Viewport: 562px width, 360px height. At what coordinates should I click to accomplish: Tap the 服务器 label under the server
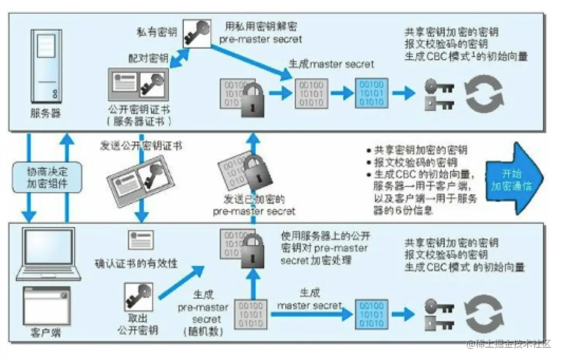[x=46, y=113]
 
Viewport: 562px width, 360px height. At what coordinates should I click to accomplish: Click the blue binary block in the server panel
[x=371, y=94]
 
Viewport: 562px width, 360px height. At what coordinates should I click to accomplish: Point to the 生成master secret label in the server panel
[x=331, y=64]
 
